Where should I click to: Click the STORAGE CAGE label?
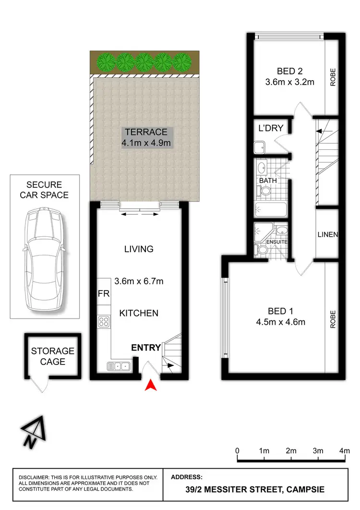pos(53,356)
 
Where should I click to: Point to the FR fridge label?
pos(103,293)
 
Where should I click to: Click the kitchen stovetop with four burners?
pos(103,321)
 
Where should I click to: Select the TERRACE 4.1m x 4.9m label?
pos(146,137)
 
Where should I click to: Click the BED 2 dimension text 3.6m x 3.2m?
pos(289,82)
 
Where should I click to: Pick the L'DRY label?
pos(271,128)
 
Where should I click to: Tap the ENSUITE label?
pos(277,242)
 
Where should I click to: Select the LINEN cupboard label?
pos(328,235)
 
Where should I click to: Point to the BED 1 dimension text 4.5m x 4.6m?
pos(281,322)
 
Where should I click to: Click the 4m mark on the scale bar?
pos(345,451)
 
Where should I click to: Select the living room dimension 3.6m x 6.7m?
pos(139,281)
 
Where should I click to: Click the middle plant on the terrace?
pos(144,61)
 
